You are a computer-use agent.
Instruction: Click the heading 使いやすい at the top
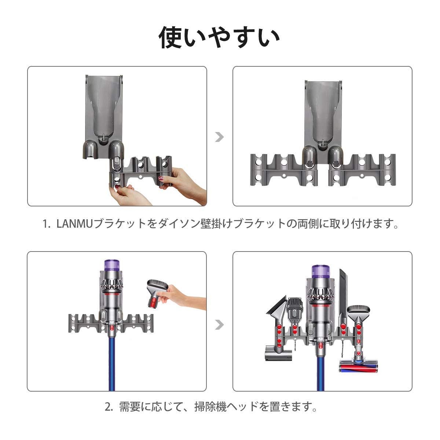click(x=219, y=37)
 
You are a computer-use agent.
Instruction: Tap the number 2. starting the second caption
click(x=109, y=407)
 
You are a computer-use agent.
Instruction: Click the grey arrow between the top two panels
click(x=219, y=137)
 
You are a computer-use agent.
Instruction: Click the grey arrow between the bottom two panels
click(x=219, y=324)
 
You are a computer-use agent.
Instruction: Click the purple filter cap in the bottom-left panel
click(x=112, y=265)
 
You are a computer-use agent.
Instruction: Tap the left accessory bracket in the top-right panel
click(x=284, y=170)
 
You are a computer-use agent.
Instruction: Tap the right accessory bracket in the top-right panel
click(x=362, y=170)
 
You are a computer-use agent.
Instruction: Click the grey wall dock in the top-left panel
click(x=103, y=117)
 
